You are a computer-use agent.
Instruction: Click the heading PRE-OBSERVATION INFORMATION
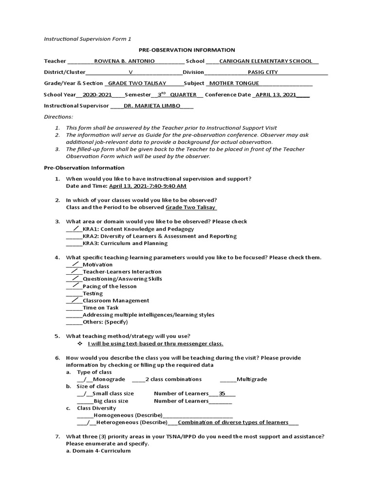187,50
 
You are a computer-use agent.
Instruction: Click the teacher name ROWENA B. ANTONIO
124,61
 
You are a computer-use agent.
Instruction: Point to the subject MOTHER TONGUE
234,83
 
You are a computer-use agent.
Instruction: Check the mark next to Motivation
74,264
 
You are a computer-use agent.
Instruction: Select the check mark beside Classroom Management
74,300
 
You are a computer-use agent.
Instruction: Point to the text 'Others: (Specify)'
105,322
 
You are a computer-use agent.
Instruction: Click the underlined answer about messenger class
155,343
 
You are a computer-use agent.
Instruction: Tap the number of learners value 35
222,393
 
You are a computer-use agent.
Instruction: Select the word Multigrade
252,379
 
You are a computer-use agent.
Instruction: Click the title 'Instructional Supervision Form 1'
88,38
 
